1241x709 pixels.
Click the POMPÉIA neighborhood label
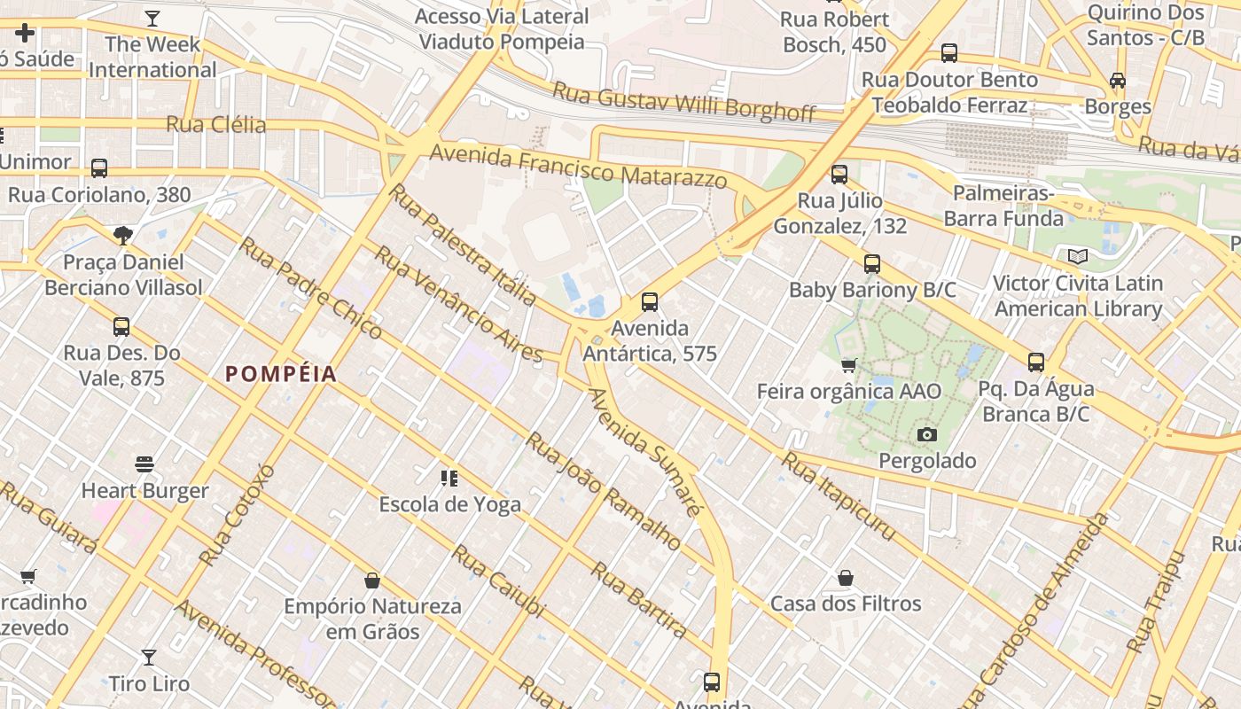(x=281, y=374)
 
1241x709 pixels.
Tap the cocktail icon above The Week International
(x=152, y=18)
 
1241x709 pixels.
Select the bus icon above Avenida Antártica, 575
(x=650, y=302)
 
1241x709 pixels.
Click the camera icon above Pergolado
(x=927, y=434)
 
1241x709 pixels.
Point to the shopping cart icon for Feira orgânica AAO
(x=848, y=365)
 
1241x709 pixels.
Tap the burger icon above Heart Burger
(x=144, y=464)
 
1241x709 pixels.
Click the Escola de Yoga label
(x=449, y=504)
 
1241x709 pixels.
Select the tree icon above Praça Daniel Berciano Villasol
(x=123, y=236)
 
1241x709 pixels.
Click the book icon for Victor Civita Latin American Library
(x=1077, y=257)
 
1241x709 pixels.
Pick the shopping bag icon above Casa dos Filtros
(x=846, y=578)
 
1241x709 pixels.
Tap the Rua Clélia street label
(x=216, y=124)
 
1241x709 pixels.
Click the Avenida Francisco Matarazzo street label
(x=578, y=167)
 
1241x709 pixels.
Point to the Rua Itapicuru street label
(x=839, y=496)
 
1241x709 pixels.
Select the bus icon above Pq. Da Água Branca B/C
(x=1035, y=362)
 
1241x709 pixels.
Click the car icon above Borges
(x=1118, y=81)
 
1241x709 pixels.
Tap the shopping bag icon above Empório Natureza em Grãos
(x=372, y=580)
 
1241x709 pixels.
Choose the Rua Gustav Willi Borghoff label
(x=683, y=101)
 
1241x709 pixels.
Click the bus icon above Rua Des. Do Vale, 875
(x=121, y=327)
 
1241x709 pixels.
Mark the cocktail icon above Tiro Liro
(x=149, y=658)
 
